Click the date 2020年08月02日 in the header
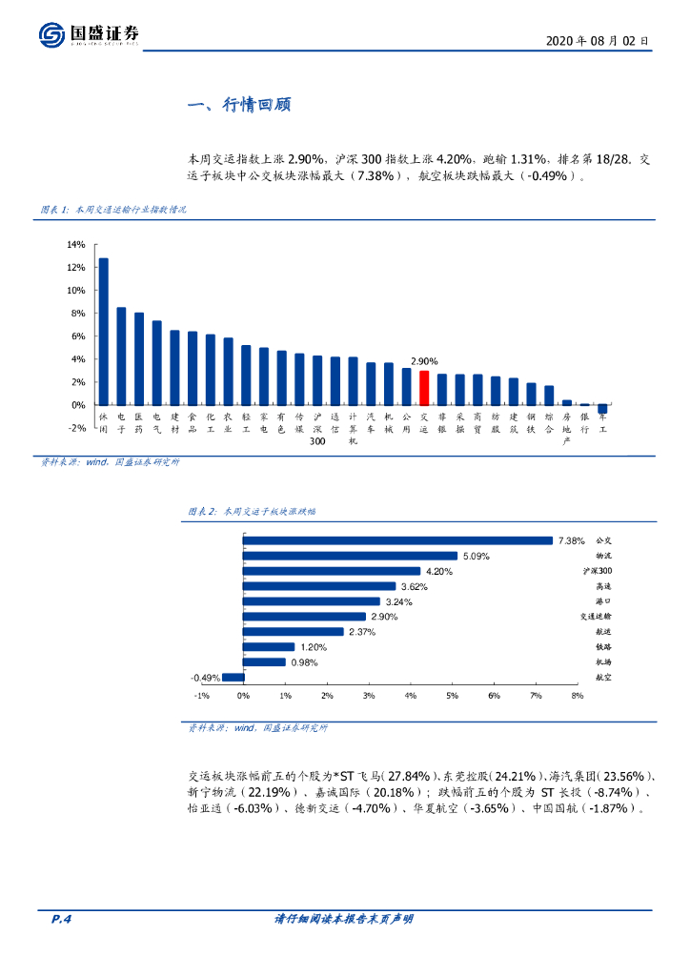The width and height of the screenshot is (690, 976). coord(598,42)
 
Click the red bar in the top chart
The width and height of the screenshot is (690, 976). coord(424,388)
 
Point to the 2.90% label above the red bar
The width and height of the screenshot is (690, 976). coord(424,361)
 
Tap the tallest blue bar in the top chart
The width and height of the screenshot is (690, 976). coord(103,331)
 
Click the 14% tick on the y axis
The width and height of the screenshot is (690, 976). coord(76,245)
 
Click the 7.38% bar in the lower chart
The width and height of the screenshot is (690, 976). coord(397,540)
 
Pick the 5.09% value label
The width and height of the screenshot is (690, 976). coord(476,556)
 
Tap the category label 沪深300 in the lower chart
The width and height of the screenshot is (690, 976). coord(598,571)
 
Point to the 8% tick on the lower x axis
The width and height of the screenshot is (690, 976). coord(577,697)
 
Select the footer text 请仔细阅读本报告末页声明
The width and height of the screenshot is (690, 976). coord(344,920)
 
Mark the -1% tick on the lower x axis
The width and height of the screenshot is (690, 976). coord(202,697)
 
